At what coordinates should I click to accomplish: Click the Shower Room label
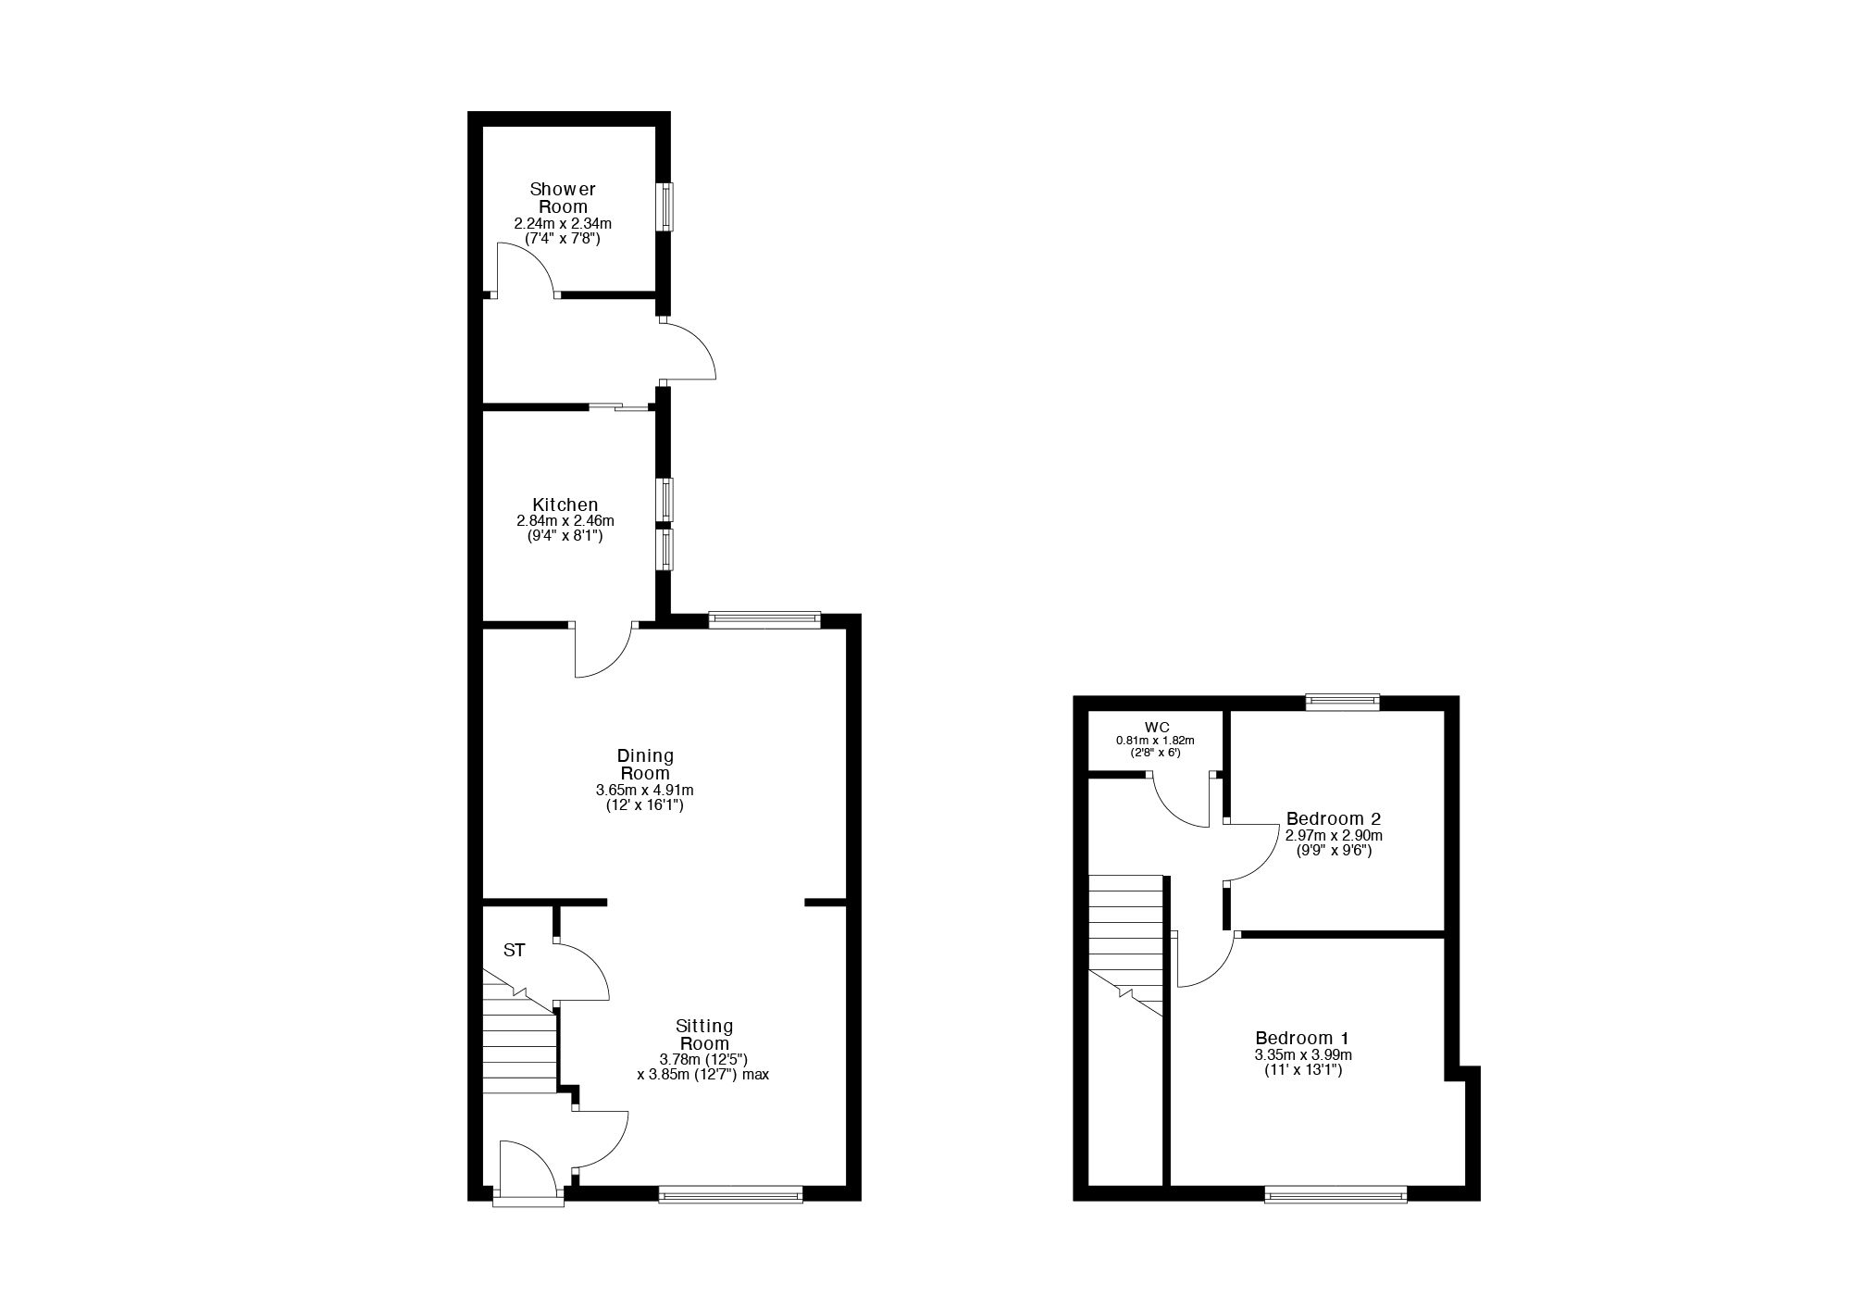click(x=563, y=198)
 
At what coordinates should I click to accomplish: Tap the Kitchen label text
click(x=565, y=505)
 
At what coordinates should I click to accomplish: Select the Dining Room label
click(x=645, y=765)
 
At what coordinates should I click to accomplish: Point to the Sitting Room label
click(x=704, y=1034)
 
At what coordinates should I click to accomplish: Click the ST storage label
click(x=515, y=950)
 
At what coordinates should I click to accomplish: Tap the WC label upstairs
click(x=1157, y=727)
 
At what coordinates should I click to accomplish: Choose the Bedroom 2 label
click(x=1334, y=818)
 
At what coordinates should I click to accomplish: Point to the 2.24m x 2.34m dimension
click(x=563, y=224)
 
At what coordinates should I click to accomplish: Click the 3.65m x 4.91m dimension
click(x=645, y=791)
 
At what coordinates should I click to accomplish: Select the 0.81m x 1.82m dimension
click(x=1155, y=741)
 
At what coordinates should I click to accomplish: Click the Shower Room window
click(x=665, y=206)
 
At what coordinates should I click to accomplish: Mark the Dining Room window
click(x=764, y=620)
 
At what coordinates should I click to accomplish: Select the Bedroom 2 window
click(x=1343, y=703)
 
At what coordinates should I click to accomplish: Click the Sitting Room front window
click(x=731, y=1194)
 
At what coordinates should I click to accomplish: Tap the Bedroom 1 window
click(x=1336, y=1194)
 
